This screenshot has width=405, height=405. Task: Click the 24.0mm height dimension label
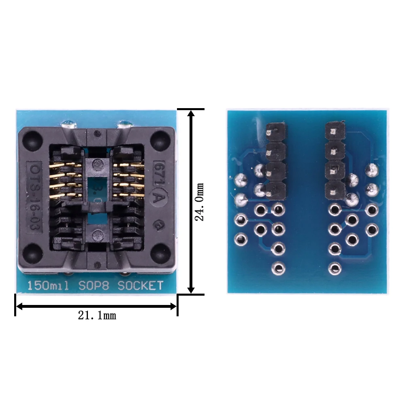(199, 202)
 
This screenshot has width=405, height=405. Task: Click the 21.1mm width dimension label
(97, 315)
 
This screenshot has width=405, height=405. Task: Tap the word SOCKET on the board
(141, 286)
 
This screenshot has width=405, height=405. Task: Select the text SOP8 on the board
(94, 286)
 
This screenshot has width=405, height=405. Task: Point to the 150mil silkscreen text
(48, 286)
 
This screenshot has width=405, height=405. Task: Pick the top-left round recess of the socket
(32, 141)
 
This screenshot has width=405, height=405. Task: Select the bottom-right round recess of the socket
(160, 253)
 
